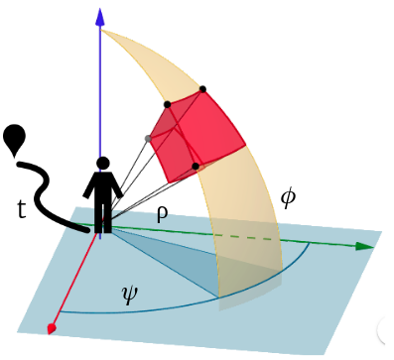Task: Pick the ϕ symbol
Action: pos(288,197)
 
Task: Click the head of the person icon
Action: pos(102,164)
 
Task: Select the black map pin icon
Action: pos(15,139)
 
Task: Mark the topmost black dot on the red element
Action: pos(203,90)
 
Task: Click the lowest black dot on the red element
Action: pos(196,166)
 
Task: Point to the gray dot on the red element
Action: pos(149,137)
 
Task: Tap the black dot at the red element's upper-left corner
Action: pos(167,103)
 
